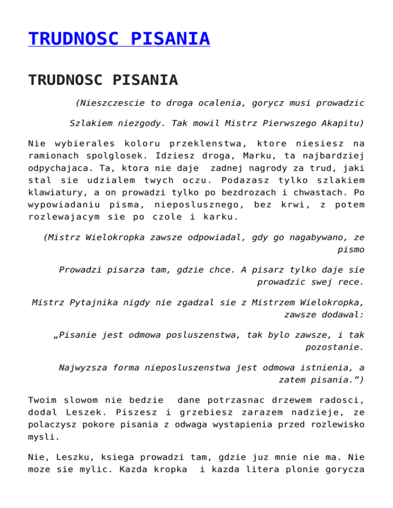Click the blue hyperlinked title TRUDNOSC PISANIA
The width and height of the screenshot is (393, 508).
pos(119,39)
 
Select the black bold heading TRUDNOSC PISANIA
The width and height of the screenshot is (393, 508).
pos(103,80)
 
